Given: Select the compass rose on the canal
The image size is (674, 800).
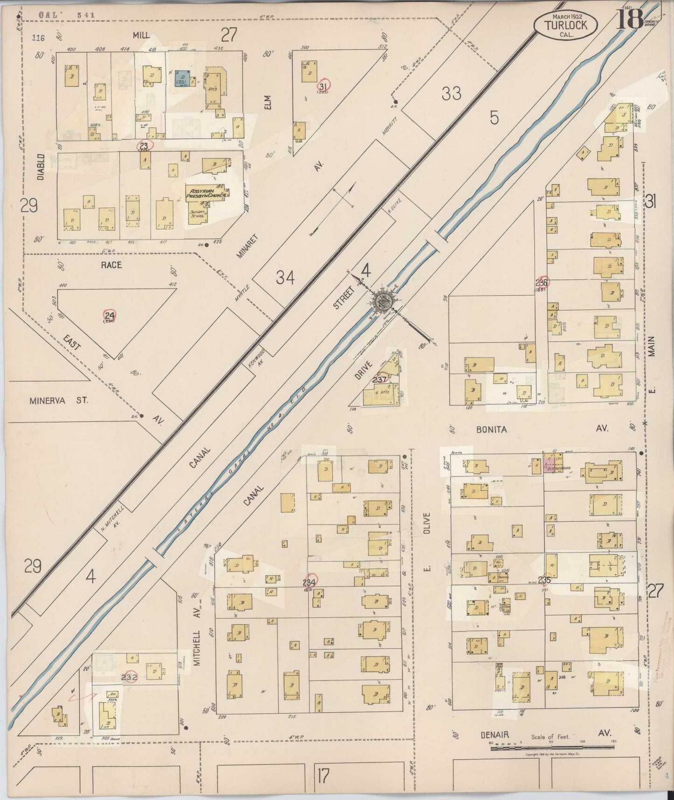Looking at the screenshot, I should pos(383,302).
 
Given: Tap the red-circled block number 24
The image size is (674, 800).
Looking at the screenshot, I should pos(110,316).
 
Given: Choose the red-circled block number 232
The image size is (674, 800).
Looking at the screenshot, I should pos(129,677).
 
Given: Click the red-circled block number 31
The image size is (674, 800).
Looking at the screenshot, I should pos(323,86).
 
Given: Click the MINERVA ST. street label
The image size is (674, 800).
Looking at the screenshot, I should pos(58,400).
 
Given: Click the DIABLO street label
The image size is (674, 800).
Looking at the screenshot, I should pos(41,166).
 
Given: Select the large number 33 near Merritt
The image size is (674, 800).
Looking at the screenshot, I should pos(451,94).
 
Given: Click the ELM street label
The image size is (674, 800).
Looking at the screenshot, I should pos(267,103).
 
